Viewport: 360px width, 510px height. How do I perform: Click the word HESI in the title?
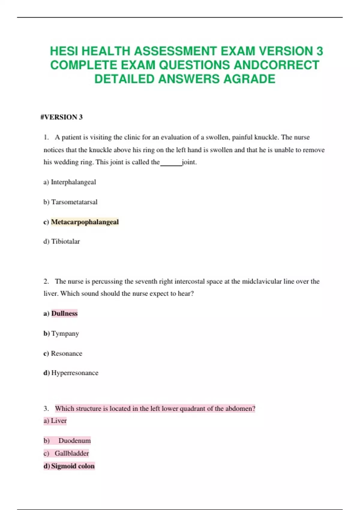coord(64,51)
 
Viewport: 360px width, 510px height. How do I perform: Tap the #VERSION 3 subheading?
coord(61,117)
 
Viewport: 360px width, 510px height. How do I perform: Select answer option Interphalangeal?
coord(73,182)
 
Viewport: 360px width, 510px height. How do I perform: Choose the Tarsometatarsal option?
coord(74,202)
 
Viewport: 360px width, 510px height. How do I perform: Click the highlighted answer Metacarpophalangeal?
coord(85,222)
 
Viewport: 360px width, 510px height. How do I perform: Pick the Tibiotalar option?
coord(65,241)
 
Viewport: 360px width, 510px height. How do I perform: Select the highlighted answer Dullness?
coord(64,313)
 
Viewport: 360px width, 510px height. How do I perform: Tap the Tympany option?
coord(65,334)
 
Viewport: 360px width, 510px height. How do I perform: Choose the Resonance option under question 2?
coord(66,353)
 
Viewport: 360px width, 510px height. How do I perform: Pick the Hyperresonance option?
coord(75,373)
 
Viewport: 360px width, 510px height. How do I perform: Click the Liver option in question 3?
coord(58,421)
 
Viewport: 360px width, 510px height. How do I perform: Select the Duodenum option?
coord(74,441)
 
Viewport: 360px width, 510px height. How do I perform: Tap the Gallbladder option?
coord(72,453)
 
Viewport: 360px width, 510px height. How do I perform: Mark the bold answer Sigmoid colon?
coord(73,466)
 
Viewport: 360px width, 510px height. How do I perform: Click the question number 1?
coord(46,137)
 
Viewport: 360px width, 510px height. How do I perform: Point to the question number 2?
coord(46,281)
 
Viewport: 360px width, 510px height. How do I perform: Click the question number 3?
coord(46,409)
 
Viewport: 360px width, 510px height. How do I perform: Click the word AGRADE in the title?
coord(249,79)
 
